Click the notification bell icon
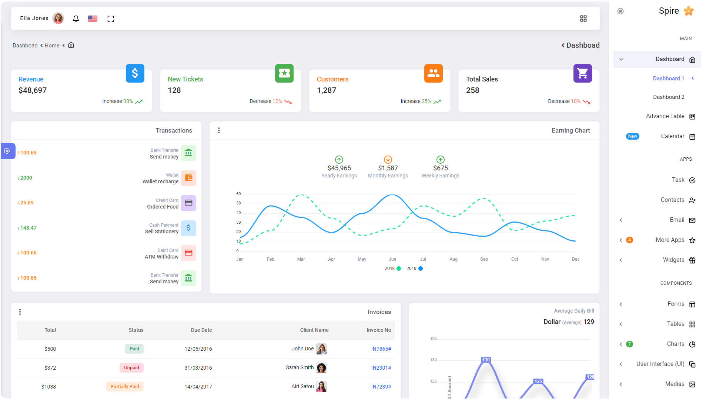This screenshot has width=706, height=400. pos(76,19)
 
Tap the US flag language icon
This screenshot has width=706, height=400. pos(93,19)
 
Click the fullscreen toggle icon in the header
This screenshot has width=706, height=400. pos(111,19)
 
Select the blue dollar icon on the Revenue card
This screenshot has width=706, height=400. pos(135,73)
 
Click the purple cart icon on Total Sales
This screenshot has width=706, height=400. pos(582,73)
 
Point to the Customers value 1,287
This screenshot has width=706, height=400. pos(327,90)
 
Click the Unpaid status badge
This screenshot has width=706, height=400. pos(131,368)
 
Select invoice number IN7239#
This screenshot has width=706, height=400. pos(381,387)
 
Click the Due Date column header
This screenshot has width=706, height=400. pos(201,330)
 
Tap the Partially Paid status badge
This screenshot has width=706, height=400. pos(125,387)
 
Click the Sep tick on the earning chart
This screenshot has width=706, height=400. pos(484,259)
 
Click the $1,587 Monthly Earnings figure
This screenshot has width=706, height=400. pos(388,168)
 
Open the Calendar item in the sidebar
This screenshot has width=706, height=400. pos(672,136)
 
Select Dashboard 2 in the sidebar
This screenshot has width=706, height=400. pos(668,97)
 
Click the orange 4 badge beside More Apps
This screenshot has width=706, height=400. pos(629,240)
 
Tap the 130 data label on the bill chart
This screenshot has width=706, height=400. pos(486,360)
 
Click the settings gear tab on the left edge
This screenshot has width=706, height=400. pos(7,151)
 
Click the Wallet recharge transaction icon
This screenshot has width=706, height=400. pos(188,178)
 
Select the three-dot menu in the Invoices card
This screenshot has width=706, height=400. pos(20,312)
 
